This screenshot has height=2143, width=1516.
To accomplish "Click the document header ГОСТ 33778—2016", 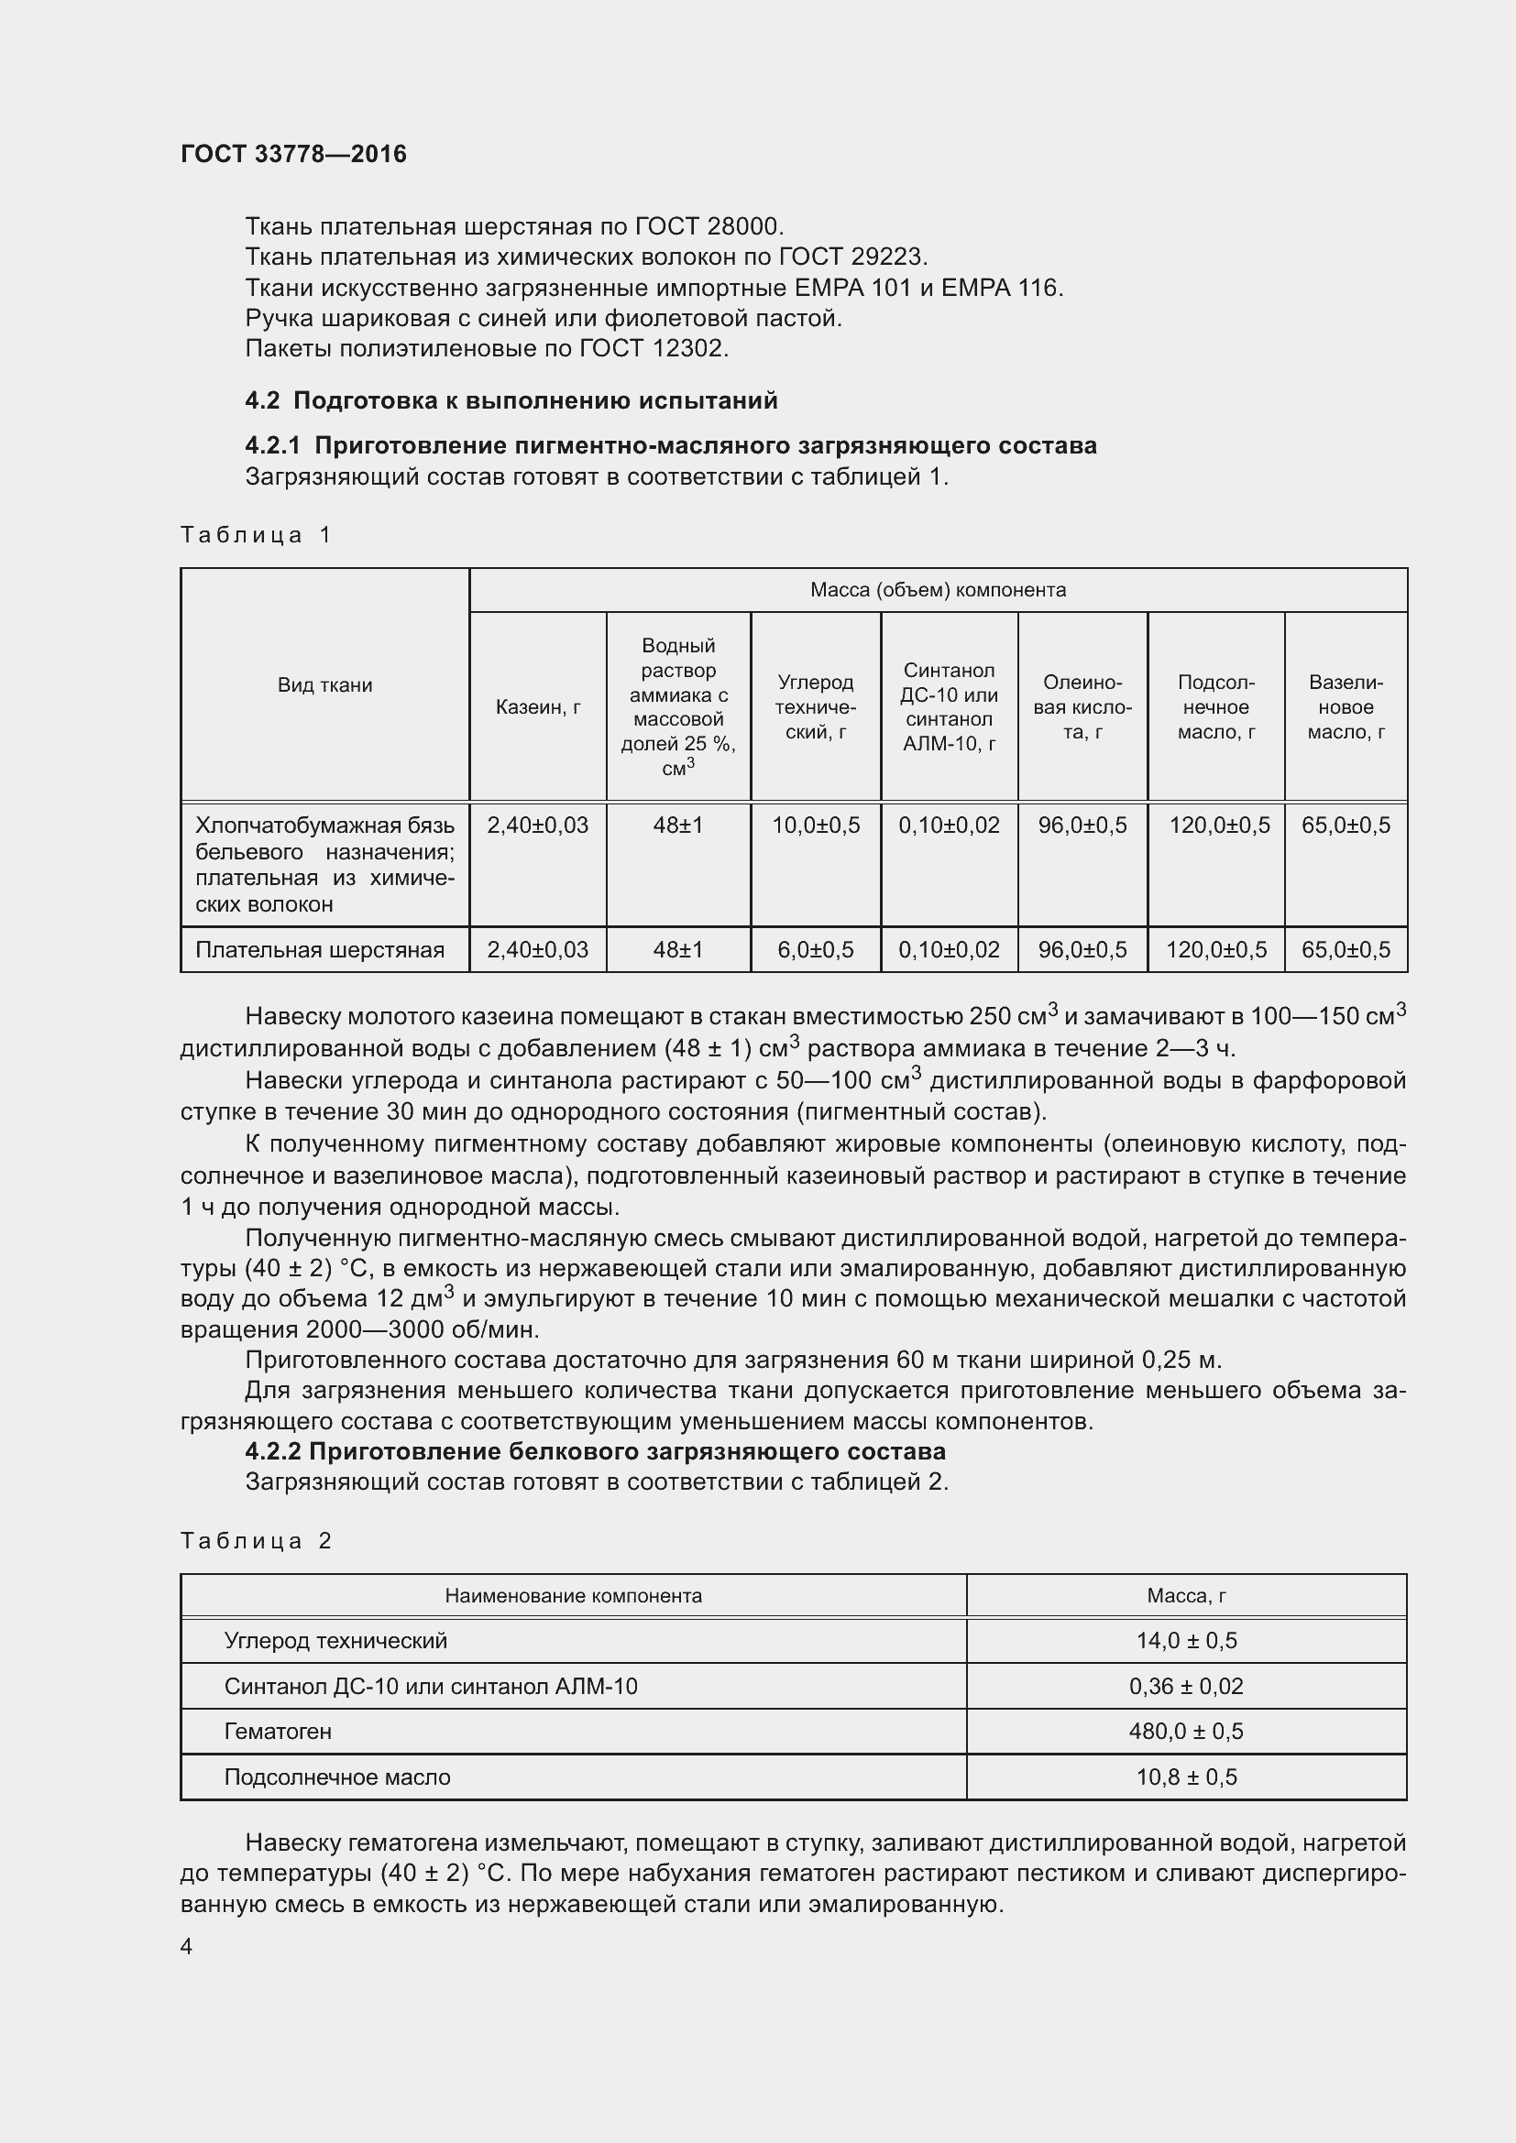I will click(293, 154).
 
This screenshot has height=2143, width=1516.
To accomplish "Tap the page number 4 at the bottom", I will click(187, 1946).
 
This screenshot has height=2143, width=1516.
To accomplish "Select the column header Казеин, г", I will click(538, 706).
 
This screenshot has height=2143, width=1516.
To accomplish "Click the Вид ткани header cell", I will click(324, 685).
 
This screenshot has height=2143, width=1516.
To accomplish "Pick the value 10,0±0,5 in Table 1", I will click(816, 825).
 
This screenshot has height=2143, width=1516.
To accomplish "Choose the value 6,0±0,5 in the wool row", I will click(816, 950).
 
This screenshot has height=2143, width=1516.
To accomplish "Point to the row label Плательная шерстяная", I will click(319, 950).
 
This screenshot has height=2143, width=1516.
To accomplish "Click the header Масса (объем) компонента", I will click(938, 590).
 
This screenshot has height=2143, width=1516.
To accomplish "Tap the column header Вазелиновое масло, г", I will click(1346, 706).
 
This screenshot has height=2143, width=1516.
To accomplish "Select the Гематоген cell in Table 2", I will click(279, 1732).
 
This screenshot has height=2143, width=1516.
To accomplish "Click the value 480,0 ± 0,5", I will click(1185, 1732).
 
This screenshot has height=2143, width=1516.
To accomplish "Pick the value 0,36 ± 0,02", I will click(1185, 1687).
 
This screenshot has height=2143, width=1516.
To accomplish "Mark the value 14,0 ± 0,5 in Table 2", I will click(1185, 1641).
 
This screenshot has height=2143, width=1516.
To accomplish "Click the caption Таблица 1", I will click(256, 535).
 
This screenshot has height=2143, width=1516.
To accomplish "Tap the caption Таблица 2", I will click(256, 1541).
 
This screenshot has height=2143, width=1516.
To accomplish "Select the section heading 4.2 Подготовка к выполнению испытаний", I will click(511, 400).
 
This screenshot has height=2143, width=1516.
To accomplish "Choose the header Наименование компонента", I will click(573, 1596).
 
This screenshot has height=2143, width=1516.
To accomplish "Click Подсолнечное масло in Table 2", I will click(337, 1777).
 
